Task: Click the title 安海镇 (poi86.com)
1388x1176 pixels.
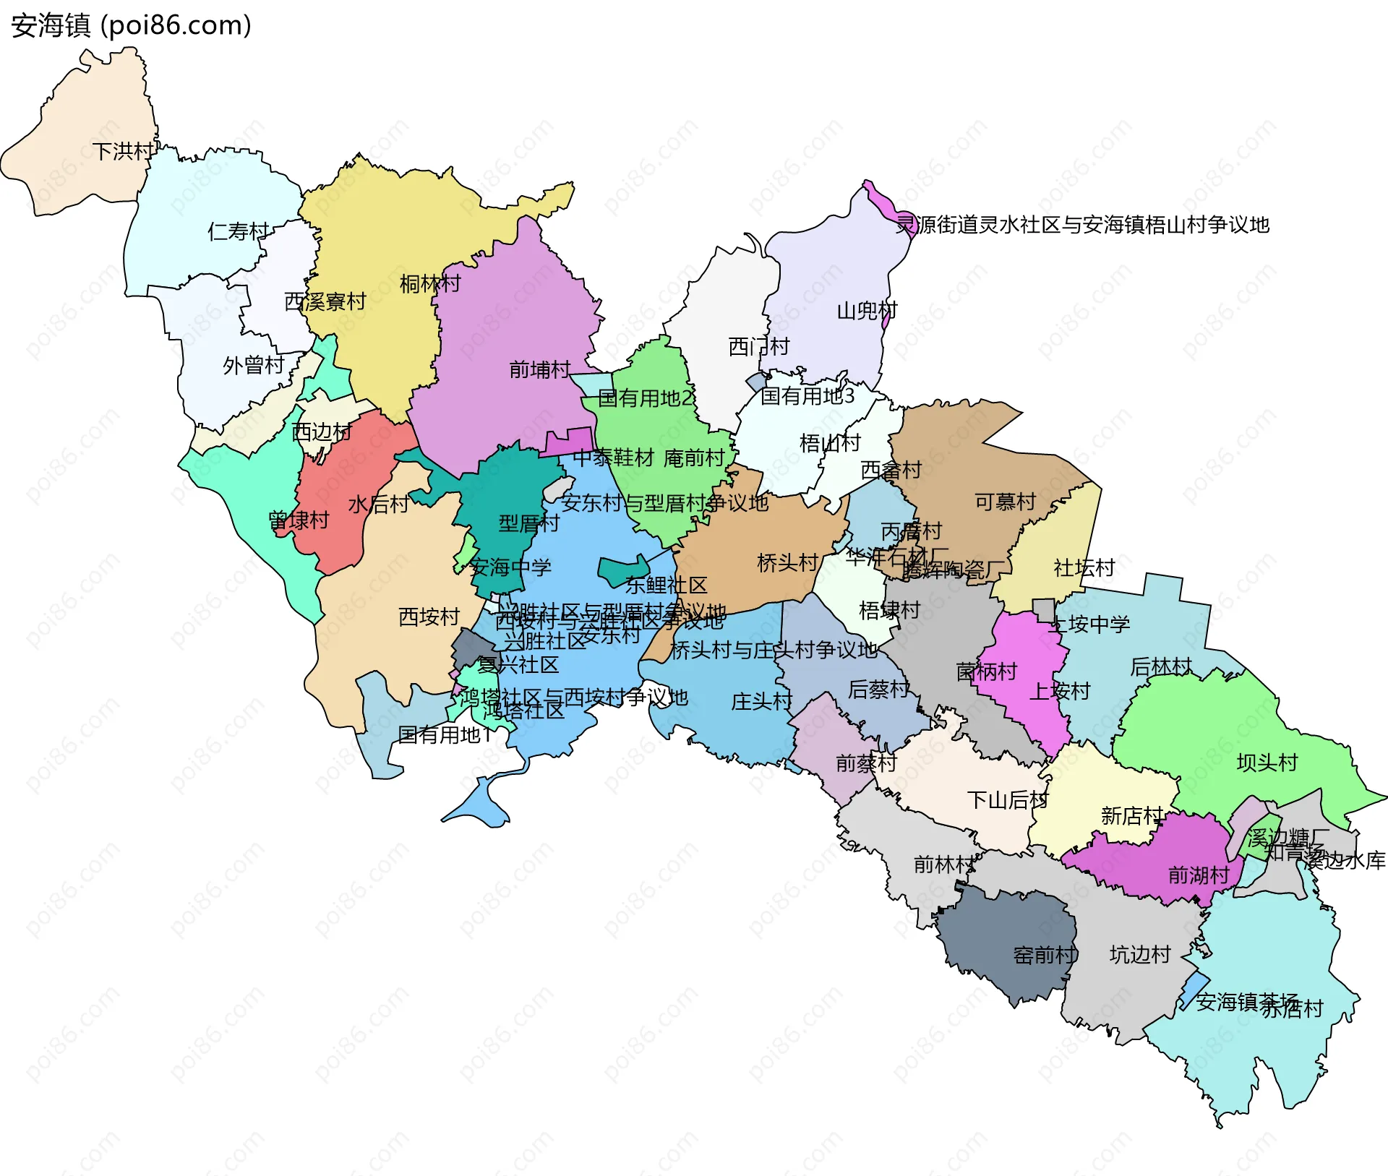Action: pyautogui.click(x=131, y=25)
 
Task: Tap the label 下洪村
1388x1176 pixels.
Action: pyautogui.click(x=123, y=151)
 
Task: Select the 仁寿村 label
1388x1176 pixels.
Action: pyautogui.click(x=238, y=231)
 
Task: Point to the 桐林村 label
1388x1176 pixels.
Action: pyautogui.click(x=430, y=283)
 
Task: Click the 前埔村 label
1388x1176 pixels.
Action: pyautogui.click(x=539, y=370)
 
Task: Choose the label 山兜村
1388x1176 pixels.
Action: pyautogui.click(x=867, y=311)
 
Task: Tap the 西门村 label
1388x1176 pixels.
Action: pyautogui.click(x=758, y=347)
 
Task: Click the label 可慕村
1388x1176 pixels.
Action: pyautogui.click(x=1005, y=502)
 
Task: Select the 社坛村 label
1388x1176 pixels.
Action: pyautogui.click(x=1084, y=568)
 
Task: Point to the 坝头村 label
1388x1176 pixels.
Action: pyautogui.click(x=1267, y=763)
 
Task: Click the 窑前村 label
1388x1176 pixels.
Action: pyautogui.click(x=1045, y=956)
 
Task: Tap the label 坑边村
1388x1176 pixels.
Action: pyautogui.click(x=1139, y=955)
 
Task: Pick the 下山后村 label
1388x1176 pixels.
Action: pyautogui.click(x=1007, y=800)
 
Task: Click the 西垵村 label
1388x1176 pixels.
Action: pyautogui.click(x=429, y=617)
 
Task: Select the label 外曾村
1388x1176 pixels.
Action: pyautogui.click(x=253, y=365)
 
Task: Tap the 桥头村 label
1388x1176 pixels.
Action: pyautogui.click(x=787, y=562)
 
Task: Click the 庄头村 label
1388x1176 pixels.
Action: pyautogui.click(x=761, y=701)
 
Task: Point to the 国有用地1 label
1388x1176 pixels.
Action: pyautogui.click(x=445, y=735)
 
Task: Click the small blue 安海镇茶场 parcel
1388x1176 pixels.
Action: pyautogui.click(x=1194, y=990)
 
